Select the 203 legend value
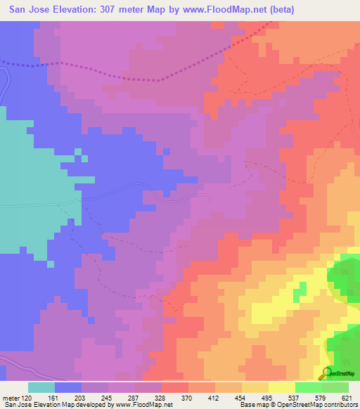pyautogui.click(x=82, y=397)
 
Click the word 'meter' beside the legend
pyautogui.click(x=11, y=397)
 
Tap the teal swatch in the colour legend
pyautogui.click(x=41, y=387)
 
